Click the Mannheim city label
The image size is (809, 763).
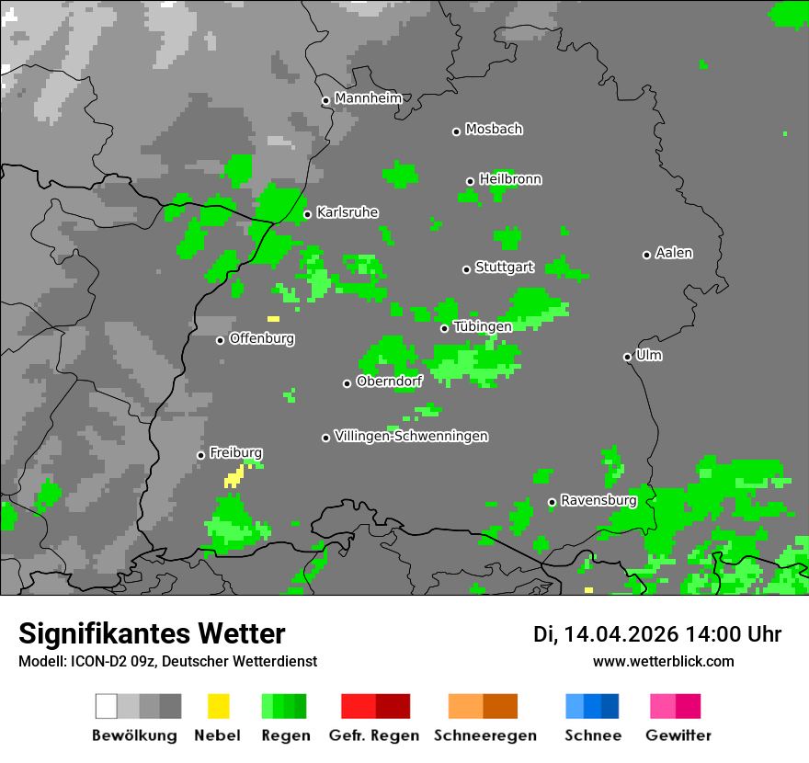368,98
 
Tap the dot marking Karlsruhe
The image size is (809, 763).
307,215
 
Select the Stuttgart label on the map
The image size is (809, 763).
504,268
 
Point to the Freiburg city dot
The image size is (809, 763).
200,455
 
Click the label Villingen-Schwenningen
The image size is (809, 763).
411,436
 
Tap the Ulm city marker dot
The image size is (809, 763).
627,357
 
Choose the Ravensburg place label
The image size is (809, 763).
598,500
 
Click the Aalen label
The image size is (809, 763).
674,253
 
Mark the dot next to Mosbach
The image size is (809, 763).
456,131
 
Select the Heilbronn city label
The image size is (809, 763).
510,179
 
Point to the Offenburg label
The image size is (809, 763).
261,338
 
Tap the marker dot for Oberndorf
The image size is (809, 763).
347,383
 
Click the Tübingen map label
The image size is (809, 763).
483,326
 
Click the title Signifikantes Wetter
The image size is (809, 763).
152,633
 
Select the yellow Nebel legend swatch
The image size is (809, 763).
219,706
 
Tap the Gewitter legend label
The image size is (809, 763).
678,735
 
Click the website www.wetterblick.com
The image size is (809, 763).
663,661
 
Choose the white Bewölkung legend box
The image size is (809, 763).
107,706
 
